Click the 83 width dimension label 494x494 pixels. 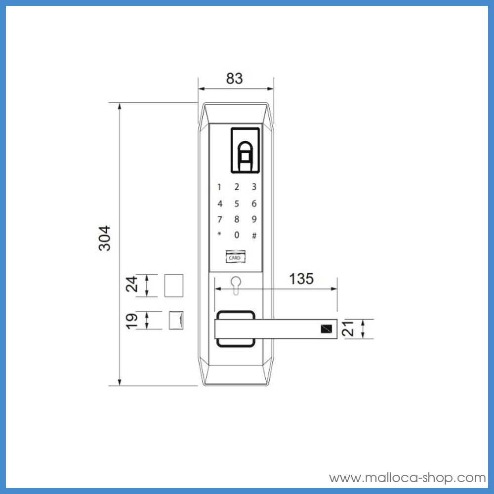[235, 79]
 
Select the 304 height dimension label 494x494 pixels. [105, 238]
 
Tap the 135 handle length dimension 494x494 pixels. [301, 279]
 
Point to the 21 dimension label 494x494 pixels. [350, 329]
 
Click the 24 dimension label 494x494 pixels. [131, 286]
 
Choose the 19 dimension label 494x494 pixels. [131, 320]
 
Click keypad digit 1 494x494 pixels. [219, 187]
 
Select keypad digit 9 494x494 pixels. [254, 219]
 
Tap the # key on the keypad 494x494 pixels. [254, 236]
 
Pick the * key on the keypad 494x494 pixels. [219, 235]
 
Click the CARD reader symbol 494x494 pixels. [235, 257]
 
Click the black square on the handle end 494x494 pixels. [326, 329]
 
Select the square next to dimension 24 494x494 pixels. [173, 286]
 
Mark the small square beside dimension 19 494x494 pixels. [176, 320]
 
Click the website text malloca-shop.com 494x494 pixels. [408, 478]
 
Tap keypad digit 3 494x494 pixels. [254, 187]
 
